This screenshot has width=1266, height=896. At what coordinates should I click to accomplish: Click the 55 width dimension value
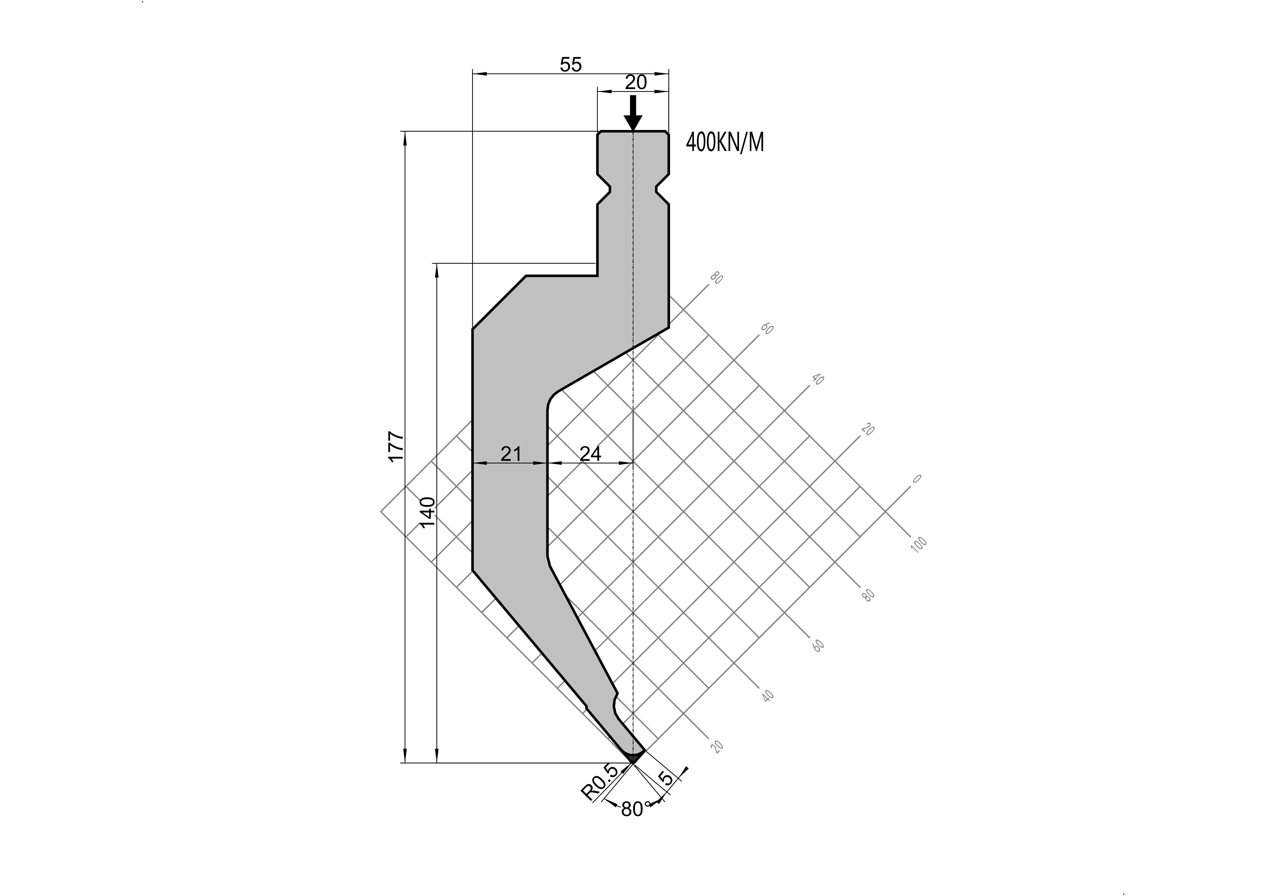[571, 65]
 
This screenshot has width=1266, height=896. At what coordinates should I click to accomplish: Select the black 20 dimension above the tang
[635, 82]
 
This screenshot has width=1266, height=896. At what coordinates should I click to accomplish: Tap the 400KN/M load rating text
[725, 143]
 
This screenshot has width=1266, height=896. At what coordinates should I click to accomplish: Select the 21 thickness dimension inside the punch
[511, 454]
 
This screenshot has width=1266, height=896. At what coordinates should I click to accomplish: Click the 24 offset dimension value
[590, 454]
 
